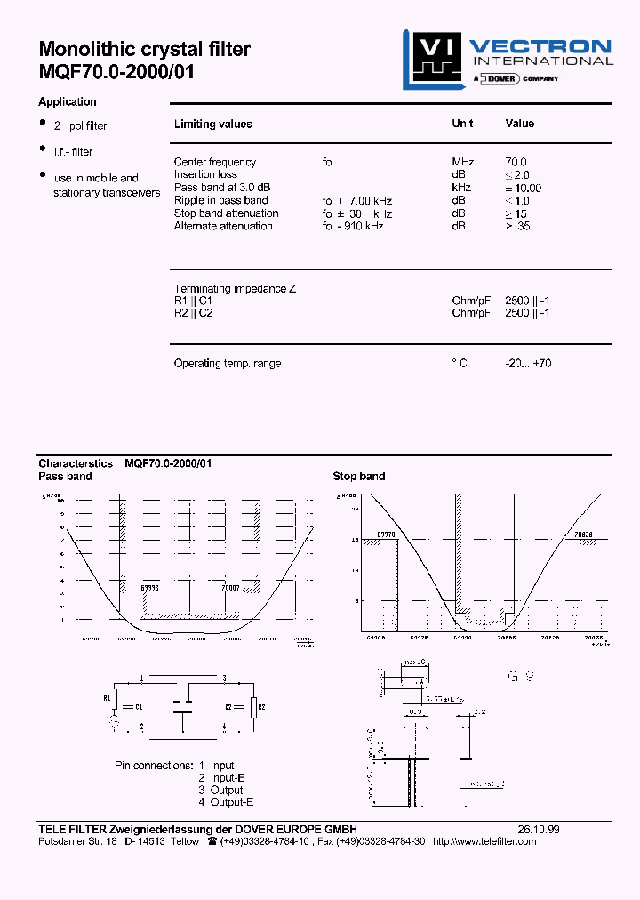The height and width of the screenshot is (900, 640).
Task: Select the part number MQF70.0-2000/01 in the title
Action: pyautogui.click(x=116, y=72)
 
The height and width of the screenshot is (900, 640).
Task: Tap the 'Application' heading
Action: pyautogui.click(x=68, y=102)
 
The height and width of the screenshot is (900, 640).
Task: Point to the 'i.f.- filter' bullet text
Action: pyautogui.click(x=73, y=152)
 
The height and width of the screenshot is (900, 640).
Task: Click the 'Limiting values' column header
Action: pyautogui.click(x=212, y=125)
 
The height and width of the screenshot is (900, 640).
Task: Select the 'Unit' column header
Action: pyautogui.click(x=462, y=124)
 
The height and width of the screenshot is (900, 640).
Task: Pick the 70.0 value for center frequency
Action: pyautogui.click(x=516, y=162)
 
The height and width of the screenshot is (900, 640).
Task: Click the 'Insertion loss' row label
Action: pyautogui.click(x=205, y=174)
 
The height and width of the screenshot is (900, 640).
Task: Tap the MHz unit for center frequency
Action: pyautogui.click(x=463, y=162)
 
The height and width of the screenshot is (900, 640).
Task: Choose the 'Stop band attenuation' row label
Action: pyautogui.click(x=226, y=213)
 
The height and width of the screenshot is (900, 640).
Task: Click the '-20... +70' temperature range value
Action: pyautogui.click(x=528, y=364)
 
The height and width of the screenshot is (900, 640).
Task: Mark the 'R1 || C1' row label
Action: pyautogui.click(x=193, y=301)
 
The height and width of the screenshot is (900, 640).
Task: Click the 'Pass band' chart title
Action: pyautogui.click(x=65, y=477)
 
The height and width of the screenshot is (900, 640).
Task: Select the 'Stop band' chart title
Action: pyautogui.click(x=358, y=477)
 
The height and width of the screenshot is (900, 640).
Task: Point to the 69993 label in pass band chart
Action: pyautogui.click(x=150, y=588)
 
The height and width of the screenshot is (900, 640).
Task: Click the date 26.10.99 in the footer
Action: pyautogui.click(x=538, y=829)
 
